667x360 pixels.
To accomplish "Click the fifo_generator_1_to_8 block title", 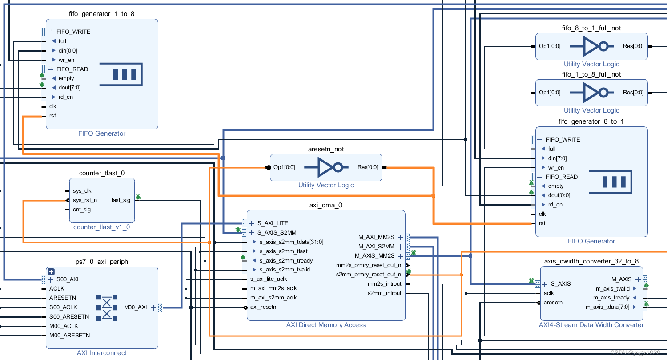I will (102, 14).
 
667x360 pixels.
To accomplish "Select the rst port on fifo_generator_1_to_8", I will (52, 116).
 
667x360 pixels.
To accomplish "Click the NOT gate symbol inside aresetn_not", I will (326, 167).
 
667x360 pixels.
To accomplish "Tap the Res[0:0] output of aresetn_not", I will (367, 167).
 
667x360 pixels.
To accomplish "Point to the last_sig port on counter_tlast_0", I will (121, 200).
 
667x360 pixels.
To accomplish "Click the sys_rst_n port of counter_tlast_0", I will (84, 200).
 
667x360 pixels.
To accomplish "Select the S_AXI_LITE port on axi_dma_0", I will (273, 223).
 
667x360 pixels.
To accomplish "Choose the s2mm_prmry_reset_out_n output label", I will (368, 275).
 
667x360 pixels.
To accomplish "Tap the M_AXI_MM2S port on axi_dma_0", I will (376, 237).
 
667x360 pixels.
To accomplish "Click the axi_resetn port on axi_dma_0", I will (263, 307).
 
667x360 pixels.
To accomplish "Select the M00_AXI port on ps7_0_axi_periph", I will (135, 307).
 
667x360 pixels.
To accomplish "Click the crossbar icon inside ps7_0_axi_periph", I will (107, 307).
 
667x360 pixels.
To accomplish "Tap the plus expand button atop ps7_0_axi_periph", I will (51, 271).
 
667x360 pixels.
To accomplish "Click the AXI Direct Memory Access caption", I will (326, 325).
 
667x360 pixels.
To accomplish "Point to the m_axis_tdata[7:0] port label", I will (607, 307).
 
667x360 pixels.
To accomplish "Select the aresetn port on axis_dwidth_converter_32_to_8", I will (553, 303).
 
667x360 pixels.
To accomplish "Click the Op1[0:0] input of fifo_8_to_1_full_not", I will (550, 46).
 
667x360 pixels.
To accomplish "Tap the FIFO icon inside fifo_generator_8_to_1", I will (610, 182).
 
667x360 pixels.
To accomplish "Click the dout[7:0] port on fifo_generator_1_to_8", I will (69, 88).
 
